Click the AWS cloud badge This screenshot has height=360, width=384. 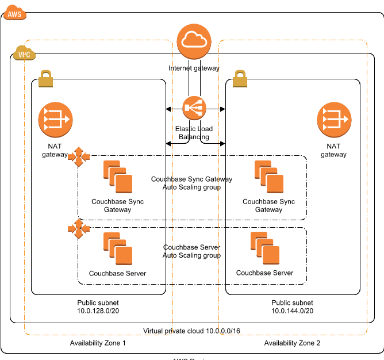14,13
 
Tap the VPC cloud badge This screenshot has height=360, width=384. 24,53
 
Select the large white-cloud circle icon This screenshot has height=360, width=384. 194,41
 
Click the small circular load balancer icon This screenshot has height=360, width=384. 194,108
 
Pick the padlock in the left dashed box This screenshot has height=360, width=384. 45,79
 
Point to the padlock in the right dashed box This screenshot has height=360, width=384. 240,79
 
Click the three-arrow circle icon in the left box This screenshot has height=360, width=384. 55,120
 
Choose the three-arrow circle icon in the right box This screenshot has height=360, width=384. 334,120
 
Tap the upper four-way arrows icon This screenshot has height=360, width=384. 79,156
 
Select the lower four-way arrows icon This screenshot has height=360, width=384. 79,228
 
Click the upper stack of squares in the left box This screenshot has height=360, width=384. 118,177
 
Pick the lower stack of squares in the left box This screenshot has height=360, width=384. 118,248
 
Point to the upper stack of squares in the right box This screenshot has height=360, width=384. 269,177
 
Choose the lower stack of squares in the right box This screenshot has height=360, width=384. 265,248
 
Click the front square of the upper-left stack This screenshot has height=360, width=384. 124,183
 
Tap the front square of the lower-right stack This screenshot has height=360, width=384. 271,255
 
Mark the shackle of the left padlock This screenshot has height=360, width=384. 45,74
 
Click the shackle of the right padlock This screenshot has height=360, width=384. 240,74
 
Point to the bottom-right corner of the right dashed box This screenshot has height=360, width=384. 366,334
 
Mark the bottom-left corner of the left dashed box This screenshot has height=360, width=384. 25,334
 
